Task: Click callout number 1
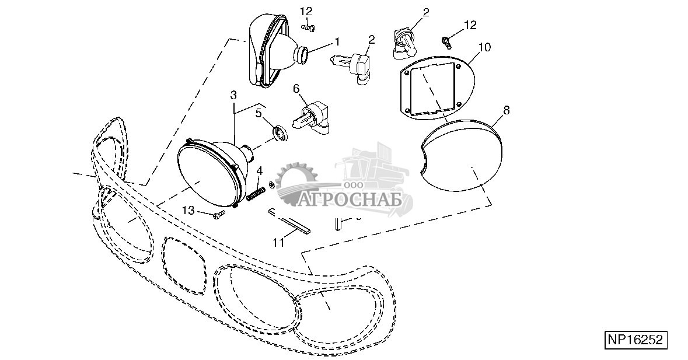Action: pyautogui.click(x=337, y=41)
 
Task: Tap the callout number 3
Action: pyautogui.click(x=233, y=95)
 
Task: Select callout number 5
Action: pyautogui.click(x=259, y=113)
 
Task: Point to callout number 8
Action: pyautogui.click(x=506, y=110)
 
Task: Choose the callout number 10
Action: pyautogui.click(x=484, y=46)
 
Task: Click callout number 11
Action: pyautogui.click(x=279, y=241)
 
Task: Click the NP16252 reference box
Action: pyautogui.click(x=635, y=340)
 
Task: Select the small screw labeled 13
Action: pyautogui.click(x=219, y=215)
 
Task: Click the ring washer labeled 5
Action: pyautogui.click(x=280, y=133)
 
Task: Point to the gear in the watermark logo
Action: pyautogui.click(x=297, y=186)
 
